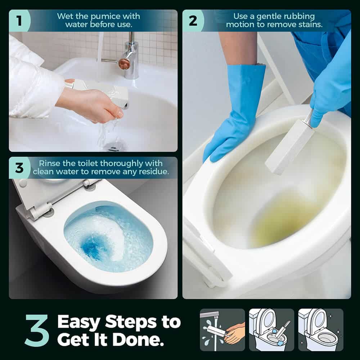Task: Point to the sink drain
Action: [x=114, y=147]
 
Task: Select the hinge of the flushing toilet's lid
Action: [x=41, y=210]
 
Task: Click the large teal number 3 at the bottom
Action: [x=37, y=330]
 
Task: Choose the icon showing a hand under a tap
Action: [x=222, y=330]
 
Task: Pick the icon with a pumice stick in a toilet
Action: [x=271, y=330]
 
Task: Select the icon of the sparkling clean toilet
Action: [x=321, y=330]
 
